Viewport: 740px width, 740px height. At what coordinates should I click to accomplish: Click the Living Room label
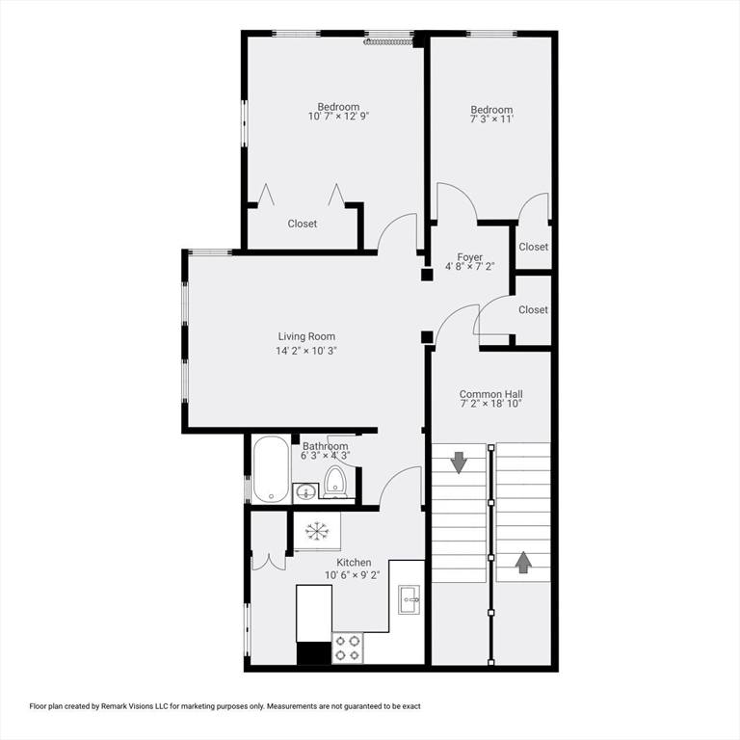[x=306, y=336]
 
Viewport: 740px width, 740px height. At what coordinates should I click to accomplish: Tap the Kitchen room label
[x=354, y=562]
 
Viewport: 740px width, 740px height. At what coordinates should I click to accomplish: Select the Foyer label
[x=470, y=257]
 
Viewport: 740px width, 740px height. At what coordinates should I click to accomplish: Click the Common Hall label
[x=490, y=394]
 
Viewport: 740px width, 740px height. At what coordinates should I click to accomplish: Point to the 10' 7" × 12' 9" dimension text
[x=338, y=116]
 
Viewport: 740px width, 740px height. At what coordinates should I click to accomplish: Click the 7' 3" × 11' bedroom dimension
[x=491, y=119]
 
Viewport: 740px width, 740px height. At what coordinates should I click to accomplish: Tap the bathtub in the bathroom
[x=271, y=469]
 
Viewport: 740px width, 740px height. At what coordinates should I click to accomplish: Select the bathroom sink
[x=304, y=492]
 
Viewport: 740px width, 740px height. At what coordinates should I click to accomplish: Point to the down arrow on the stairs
[x=459, y=462]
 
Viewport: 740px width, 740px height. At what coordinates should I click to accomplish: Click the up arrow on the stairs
[x=523, y=562]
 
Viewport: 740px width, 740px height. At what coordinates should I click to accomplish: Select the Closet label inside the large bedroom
[x=303, y=224]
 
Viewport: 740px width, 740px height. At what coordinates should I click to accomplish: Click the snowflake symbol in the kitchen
[x=316, y=529]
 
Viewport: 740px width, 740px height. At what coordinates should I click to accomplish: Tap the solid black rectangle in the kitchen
[x=313, y=653]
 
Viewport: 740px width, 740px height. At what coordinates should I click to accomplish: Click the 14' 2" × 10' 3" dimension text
[x=306, y=350]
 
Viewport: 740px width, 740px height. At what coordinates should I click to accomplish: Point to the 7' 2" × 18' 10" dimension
[x=490, y=405]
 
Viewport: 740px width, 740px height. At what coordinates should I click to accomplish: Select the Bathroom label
[x=325, y=446]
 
